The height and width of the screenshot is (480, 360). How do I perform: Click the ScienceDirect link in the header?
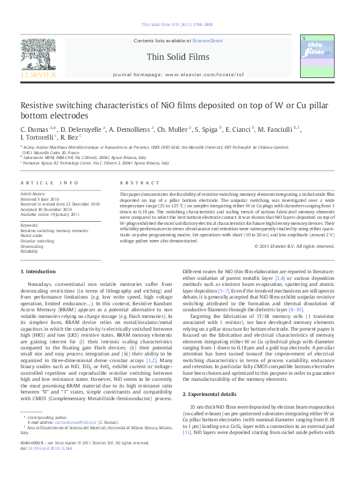[x=207, y=41]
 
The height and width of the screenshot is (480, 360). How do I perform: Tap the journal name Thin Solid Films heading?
[x=177, y=57]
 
